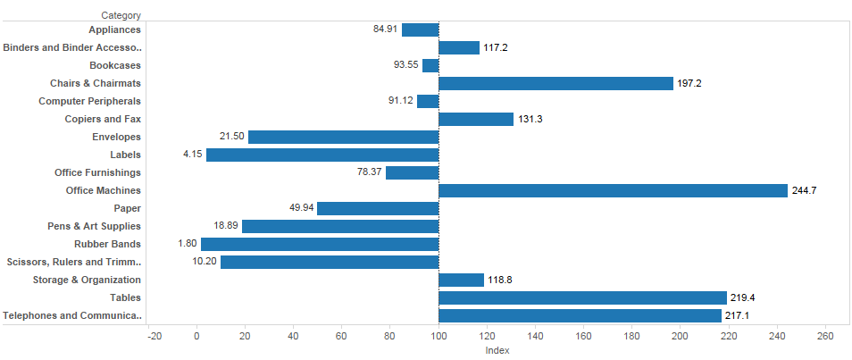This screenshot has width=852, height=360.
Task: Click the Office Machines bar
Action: click(x=613, y=190)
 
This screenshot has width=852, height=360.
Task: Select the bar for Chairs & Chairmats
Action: click(x=555, y=83)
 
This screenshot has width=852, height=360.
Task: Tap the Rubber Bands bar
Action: click(x=320, y=244)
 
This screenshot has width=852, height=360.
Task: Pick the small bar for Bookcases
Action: click(x=430, y=65)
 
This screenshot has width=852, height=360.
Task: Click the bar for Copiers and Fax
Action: click(x=476, y=119)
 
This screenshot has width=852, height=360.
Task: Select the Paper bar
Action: click(x=378, y=208)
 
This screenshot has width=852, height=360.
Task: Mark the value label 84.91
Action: click(x=385, y=29)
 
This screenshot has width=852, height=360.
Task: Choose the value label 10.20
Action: click(x=205, y=262)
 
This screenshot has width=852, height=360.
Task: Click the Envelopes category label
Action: click(x=116, y=137)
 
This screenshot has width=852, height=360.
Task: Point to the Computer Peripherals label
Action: click(x=89, y=101)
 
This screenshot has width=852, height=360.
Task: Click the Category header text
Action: click(x=121, y=15)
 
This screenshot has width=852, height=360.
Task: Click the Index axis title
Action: click(x=497, y=350)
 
